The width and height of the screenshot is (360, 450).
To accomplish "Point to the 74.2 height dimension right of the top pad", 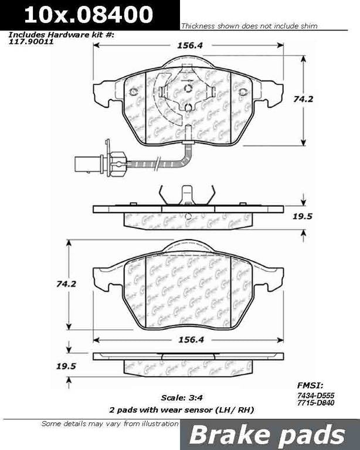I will click(320, 99).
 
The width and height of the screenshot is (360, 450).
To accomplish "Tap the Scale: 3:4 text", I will click(182, 398).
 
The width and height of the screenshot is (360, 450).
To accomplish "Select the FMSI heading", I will click(308, 386).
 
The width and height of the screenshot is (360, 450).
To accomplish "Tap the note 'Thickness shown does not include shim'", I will click(249, 26).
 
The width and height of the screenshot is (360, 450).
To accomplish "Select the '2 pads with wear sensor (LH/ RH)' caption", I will click(186, 409).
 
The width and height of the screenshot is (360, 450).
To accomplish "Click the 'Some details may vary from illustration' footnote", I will click(109, 424).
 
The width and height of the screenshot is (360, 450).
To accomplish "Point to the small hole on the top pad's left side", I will click(133, 91).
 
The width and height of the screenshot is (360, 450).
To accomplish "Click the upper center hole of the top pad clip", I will click(188, 88).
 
